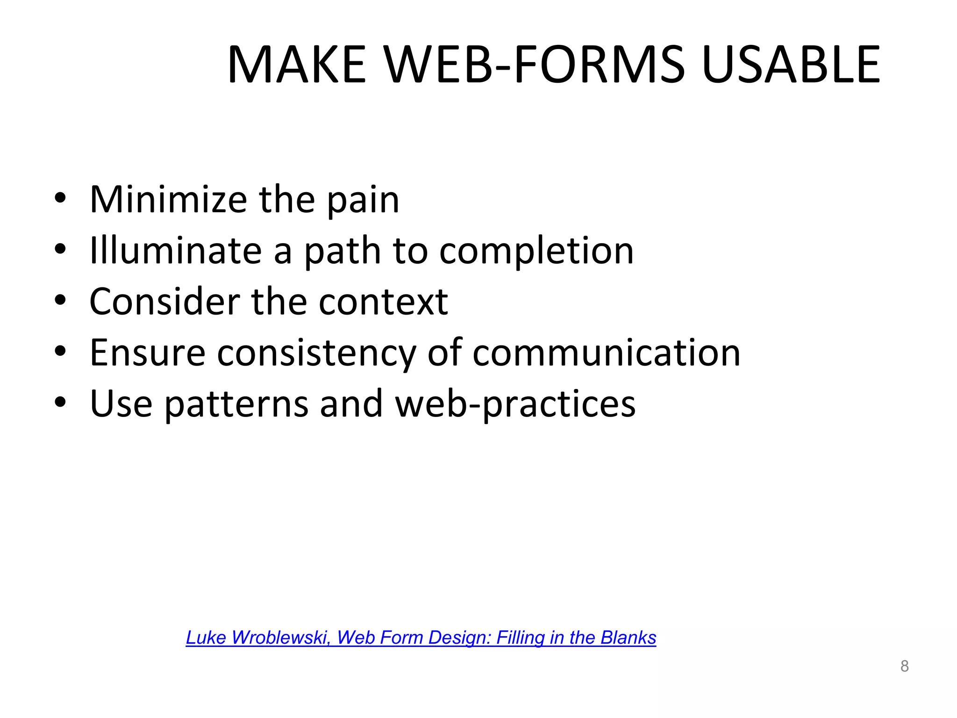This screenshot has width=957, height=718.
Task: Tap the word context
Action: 383,302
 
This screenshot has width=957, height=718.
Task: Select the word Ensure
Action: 147,353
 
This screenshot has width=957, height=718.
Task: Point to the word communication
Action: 606,353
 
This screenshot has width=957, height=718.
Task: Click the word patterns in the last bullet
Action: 236,404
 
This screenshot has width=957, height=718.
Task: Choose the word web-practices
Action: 515,404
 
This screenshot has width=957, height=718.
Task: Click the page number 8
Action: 904,666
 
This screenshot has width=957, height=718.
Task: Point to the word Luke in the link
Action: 206,638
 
